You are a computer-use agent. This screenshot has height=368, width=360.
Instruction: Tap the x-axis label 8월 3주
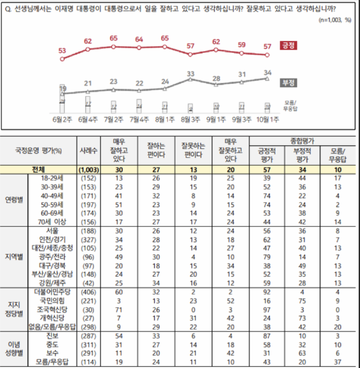pyautogui.click(x=190, y=119)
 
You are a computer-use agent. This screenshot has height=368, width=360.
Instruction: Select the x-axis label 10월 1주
pyautogui.click(x=268, y=119)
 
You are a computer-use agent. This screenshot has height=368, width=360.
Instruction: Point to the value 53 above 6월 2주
pyautogui.click(x=62, y=50)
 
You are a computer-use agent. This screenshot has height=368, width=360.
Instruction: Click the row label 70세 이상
pyautogui.click(x=54, y=221)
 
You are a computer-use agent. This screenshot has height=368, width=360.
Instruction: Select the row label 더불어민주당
pyautogui.click(x=54, y=292)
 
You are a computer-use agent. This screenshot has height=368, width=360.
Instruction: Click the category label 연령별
pyautogui.click(x=17, y=199)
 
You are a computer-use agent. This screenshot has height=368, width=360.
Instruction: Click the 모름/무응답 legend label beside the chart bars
pyautogui.click(x=291, y=106)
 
